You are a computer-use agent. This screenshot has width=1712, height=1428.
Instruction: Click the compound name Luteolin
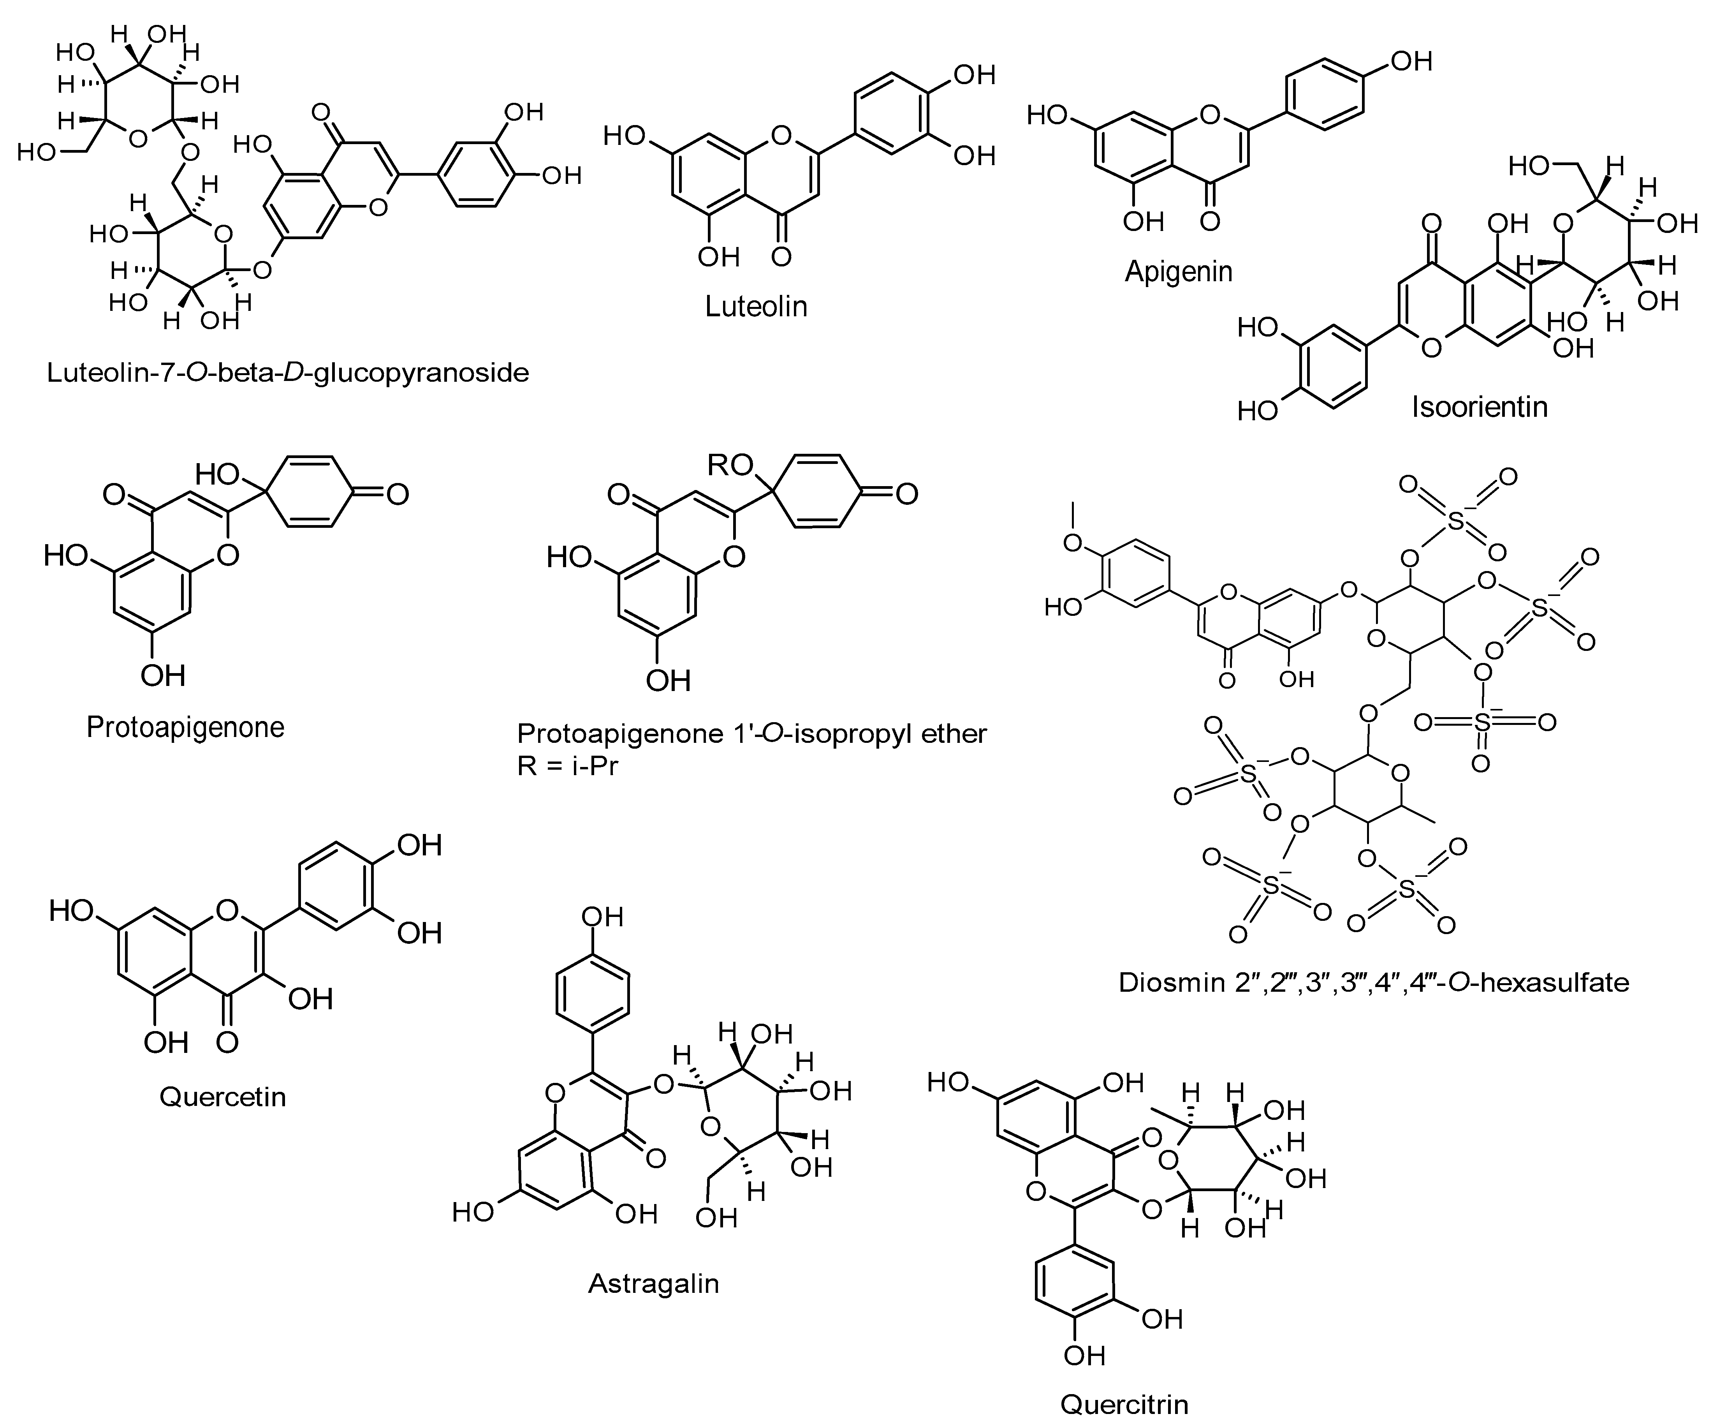(x=756, y=307)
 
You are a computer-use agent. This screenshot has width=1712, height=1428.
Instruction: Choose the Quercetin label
(x=223, y=1096)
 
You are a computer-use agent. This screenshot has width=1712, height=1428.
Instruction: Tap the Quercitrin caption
(x=1124, y=1403)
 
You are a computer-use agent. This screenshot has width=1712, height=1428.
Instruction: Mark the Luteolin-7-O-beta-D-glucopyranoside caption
(x=288, y=373)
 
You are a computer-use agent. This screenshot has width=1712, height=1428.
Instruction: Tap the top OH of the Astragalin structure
(x=602, y=917)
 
